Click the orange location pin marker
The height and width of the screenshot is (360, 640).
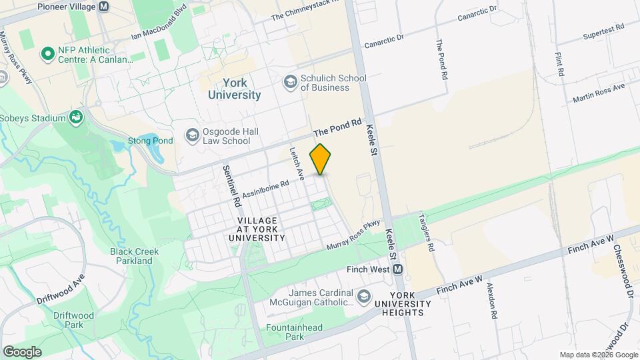(321, 159)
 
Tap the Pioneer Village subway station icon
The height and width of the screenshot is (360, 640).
(103, 7)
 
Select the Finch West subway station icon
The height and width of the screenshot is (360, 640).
(398, 269)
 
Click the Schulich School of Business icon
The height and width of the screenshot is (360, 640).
(290, 81)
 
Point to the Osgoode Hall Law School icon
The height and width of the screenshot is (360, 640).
(192, 136)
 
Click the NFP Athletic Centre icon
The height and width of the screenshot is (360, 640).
(47, 53)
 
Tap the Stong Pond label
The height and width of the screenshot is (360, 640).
(151, 141)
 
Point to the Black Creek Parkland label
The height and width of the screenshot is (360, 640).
(131, 256)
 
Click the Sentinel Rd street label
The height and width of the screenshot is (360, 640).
(231, 185)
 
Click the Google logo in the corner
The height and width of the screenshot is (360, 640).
(22, 351)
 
